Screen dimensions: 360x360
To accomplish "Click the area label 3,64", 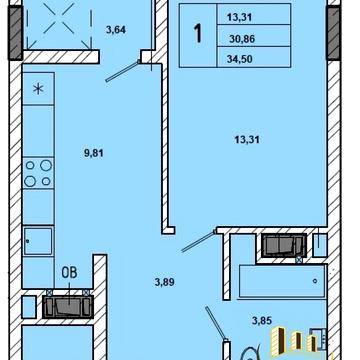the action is tap(116, 30).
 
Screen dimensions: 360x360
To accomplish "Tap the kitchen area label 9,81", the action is tap(94, 153).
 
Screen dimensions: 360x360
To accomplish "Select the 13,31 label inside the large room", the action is tap(247, 140).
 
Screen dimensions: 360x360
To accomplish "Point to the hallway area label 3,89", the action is tap(165, 282).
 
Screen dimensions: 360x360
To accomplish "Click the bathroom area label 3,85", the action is tap(262, 321).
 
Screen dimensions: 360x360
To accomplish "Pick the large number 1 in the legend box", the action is tap(198, 34).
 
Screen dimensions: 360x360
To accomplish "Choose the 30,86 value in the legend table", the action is tap(242, 39).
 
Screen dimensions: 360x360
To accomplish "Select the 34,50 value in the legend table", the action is tap(240, 59).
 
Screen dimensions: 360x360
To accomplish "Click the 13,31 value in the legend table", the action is tap(239, 17).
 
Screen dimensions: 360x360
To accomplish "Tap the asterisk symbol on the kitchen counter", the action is tap(38, 89).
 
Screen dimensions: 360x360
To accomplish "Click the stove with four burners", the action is tap(38, 173).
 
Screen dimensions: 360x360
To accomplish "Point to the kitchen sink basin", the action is tap(38, 241).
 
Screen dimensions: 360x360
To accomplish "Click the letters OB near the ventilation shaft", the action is tap(69, 272).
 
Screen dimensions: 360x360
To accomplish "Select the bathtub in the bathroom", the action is tap(282, 281).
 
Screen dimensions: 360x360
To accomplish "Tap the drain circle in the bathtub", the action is tap(315, 281).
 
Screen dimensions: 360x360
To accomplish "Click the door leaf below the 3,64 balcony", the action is tap(122, 71).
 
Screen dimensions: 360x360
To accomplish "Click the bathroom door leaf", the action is tap(216, 323).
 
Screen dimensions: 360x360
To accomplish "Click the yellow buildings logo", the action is tap(294, 339).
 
